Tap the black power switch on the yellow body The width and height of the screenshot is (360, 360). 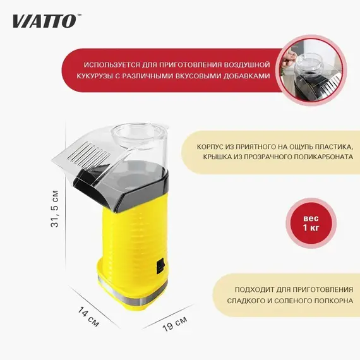[160, 267]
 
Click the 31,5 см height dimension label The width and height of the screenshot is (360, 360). [55, 208]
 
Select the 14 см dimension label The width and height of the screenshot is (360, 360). [88, 317]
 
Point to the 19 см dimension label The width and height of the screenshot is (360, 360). [175, 323]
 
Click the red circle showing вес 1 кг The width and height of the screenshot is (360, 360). [311, 223]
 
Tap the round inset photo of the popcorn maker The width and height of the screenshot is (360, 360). [311, 71]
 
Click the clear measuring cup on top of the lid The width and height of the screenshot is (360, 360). [139, 135]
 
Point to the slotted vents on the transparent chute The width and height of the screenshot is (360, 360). [89, 152]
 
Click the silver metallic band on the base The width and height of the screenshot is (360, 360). [132, 291]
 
